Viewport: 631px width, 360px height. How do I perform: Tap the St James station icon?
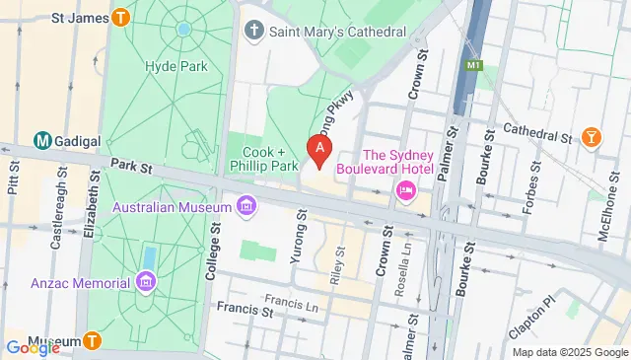point(121,17)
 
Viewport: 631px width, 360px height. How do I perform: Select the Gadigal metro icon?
point(43,141)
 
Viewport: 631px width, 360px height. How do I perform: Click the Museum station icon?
point(92,341)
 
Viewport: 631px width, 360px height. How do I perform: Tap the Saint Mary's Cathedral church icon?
point(254,32)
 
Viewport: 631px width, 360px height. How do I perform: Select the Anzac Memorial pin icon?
point(146,284)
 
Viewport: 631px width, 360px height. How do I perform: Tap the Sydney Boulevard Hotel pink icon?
point(405,189)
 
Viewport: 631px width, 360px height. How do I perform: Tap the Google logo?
point(31,347)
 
